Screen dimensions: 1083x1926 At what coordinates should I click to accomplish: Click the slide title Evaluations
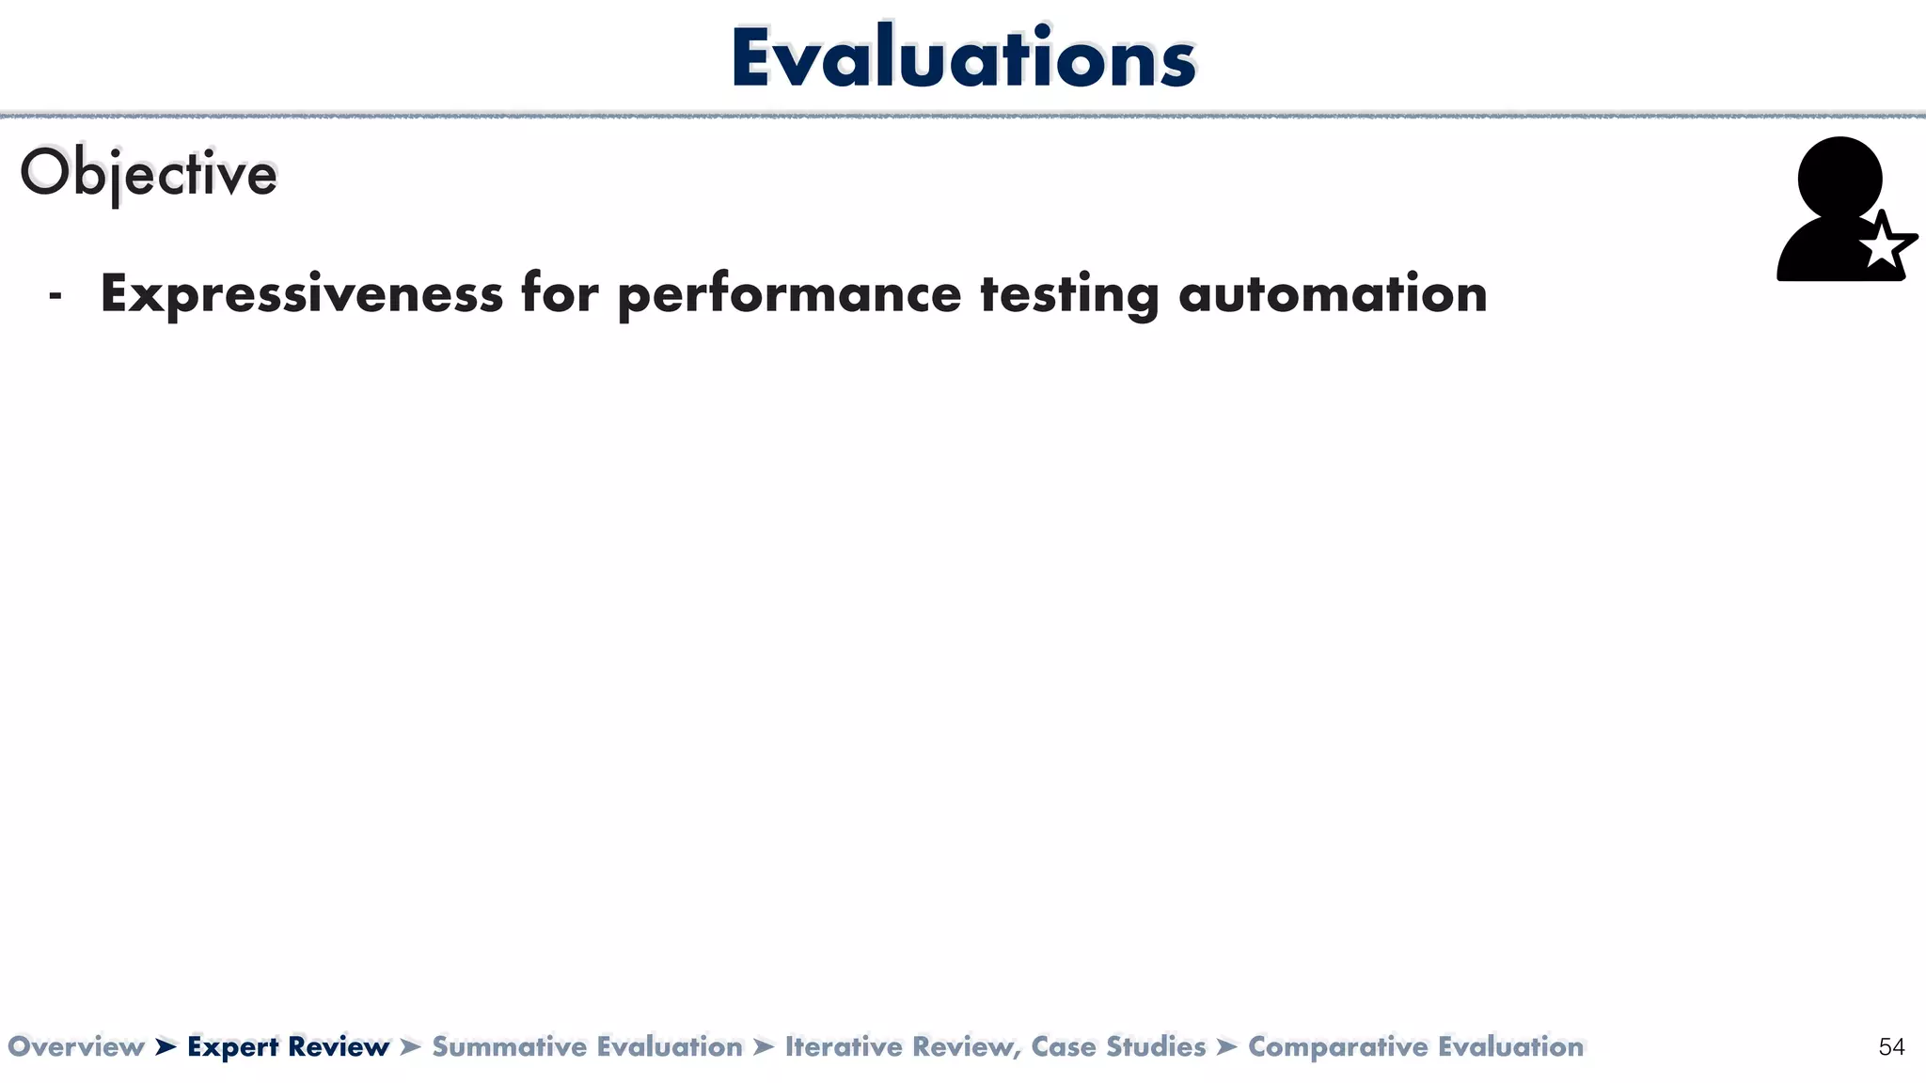click(x=962, y=58)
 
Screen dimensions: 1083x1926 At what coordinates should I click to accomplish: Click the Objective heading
click(x=149, y=174)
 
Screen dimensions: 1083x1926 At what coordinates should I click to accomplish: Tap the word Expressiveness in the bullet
click(x=301, y=293)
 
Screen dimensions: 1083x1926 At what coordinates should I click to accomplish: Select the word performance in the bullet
click(x=789, y=293)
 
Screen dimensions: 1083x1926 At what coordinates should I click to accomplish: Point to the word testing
click(x=1069, y=293)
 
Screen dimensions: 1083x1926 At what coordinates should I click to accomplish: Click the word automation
click(x=1333, y=293)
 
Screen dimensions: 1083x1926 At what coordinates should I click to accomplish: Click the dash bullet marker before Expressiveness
click(x=55, y=296)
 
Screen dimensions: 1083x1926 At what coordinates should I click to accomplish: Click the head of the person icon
click(x=1839, y=177)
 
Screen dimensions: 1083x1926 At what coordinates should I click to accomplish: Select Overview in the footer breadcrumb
click(x=75, y=1046)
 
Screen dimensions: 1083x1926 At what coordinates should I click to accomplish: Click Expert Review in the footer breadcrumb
click(x=288, y=1046)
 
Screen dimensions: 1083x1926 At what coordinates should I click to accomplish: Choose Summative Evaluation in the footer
click(x=587, y=1046)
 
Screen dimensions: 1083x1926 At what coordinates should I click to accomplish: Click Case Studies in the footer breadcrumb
click(x=1118, y=1046)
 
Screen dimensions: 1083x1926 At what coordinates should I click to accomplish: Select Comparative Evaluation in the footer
click(x=1415, y=1046)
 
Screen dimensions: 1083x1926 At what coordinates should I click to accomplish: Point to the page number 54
click(x=1891, y=1046)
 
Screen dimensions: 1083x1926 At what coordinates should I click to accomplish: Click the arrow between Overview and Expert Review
click(x=166, y=1046)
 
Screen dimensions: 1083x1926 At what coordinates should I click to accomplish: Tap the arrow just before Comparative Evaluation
click(x=1226, y=1046)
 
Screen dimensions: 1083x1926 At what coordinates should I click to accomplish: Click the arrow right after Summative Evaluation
click(x=764, y=1046)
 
